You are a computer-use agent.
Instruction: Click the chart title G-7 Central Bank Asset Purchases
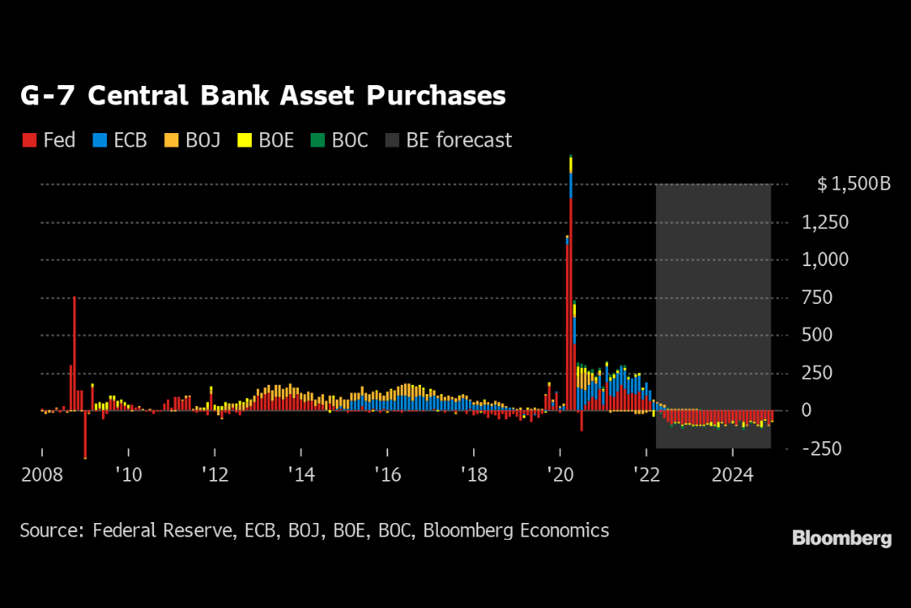click(263, 96)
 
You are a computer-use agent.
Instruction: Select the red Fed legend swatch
click(28, 141)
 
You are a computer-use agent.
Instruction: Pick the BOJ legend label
click(203, 140)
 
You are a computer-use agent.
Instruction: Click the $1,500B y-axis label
click(853, 184)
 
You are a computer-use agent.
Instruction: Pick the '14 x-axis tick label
click(301, 475)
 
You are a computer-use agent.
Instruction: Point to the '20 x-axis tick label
click(560, 475)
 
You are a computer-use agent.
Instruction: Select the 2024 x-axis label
click(733, 475)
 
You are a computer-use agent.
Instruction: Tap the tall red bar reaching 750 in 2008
click(74, 354)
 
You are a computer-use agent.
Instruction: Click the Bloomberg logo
click(841, 539)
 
